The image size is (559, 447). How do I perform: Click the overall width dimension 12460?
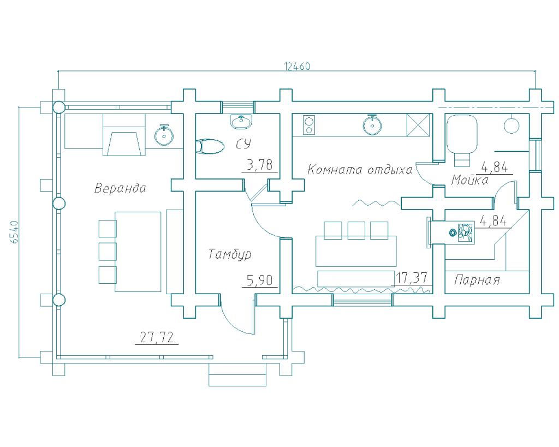pyautogui.click(x=297, y=66)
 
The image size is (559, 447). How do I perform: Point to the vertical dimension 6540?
pyautogui.click(x=15, y=232)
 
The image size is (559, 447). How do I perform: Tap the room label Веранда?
pyautogui.click(x=120, y=188)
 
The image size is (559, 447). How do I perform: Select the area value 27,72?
pyautogui.click(x=157, y=337)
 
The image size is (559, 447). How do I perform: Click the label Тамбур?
pyautogui.click(x=230, y=254)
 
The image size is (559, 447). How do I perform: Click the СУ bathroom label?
pyautogui.click(x=243, y=144)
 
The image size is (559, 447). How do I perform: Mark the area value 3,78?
pyautogui.click(x=259, y=165)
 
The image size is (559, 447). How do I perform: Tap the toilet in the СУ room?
pyautogui.click(x=210, y=146)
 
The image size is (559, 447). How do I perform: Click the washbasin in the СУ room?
pyautogui.click(x=241, y=121)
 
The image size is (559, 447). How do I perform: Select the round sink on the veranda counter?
pyautogui.click(x=164, y=135)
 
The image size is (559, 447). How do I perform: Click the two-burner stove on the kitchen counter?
pyautogui.click(x=309, y=125)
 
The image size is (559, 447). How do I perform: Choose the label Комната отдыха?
pyautogui.click(x=360, y=170)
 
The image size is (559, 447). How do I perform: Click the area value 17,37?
pyautogui.click(x=412, y=278)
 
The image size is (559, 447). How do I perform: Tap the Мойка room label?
pyautogui.click(x=469, y=180)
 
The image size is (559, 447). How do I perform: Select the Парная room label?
pyautogui.click(x=477, y=280)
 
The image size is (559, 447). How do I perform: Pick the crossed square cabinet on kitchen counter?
pyautogui.click(x=419, y=125)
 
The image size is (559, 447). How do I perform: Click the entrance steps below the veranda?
pyautogui.click(x=238, y=374)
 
